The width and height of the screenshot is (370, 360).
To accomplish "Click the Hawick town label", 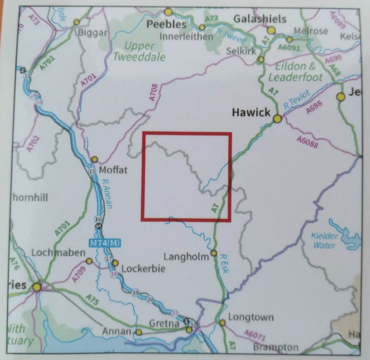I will pos(251,112).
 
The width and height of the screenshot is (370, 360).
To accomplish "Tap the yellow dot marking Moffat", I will pos(95,159).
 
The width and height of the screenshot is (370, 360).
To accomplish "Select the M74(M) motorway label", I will pos(105,243).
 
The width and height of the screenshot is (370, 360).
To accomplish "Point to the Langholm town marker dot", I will pos(214,253).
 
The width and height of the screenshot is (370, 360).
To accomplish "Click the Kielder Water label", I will pos(324,241).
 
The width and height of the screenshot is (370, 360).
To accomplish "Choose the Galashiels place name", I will pos(260,19).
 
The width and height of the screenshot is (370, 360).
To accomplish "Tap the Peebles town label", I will pos(166,25).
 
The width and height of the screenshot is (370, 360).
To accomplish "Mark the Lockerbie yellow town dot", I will pos(115,263).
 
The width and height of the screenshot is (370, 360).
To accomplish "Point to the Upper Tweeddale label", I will pos(139,52).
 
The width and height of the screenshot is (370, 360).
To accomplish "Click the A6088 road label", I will pos(308,142).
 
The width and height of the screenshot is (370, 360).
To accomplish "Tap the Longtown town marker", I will pos(222,323).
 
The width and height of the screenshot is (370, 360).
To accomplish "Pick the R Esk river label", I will pos(224,263).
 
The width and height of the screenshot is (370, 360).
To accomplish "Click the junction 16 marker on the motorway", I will pos(98,219).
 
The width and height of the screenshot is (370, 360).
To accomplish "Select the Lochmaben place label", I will pos(58,253).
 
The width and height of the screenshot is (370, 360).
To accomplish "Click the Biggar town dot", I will pos(77,22).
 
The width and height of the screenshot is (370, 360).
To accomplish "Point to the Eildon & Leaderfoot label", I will pos(295,72).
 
